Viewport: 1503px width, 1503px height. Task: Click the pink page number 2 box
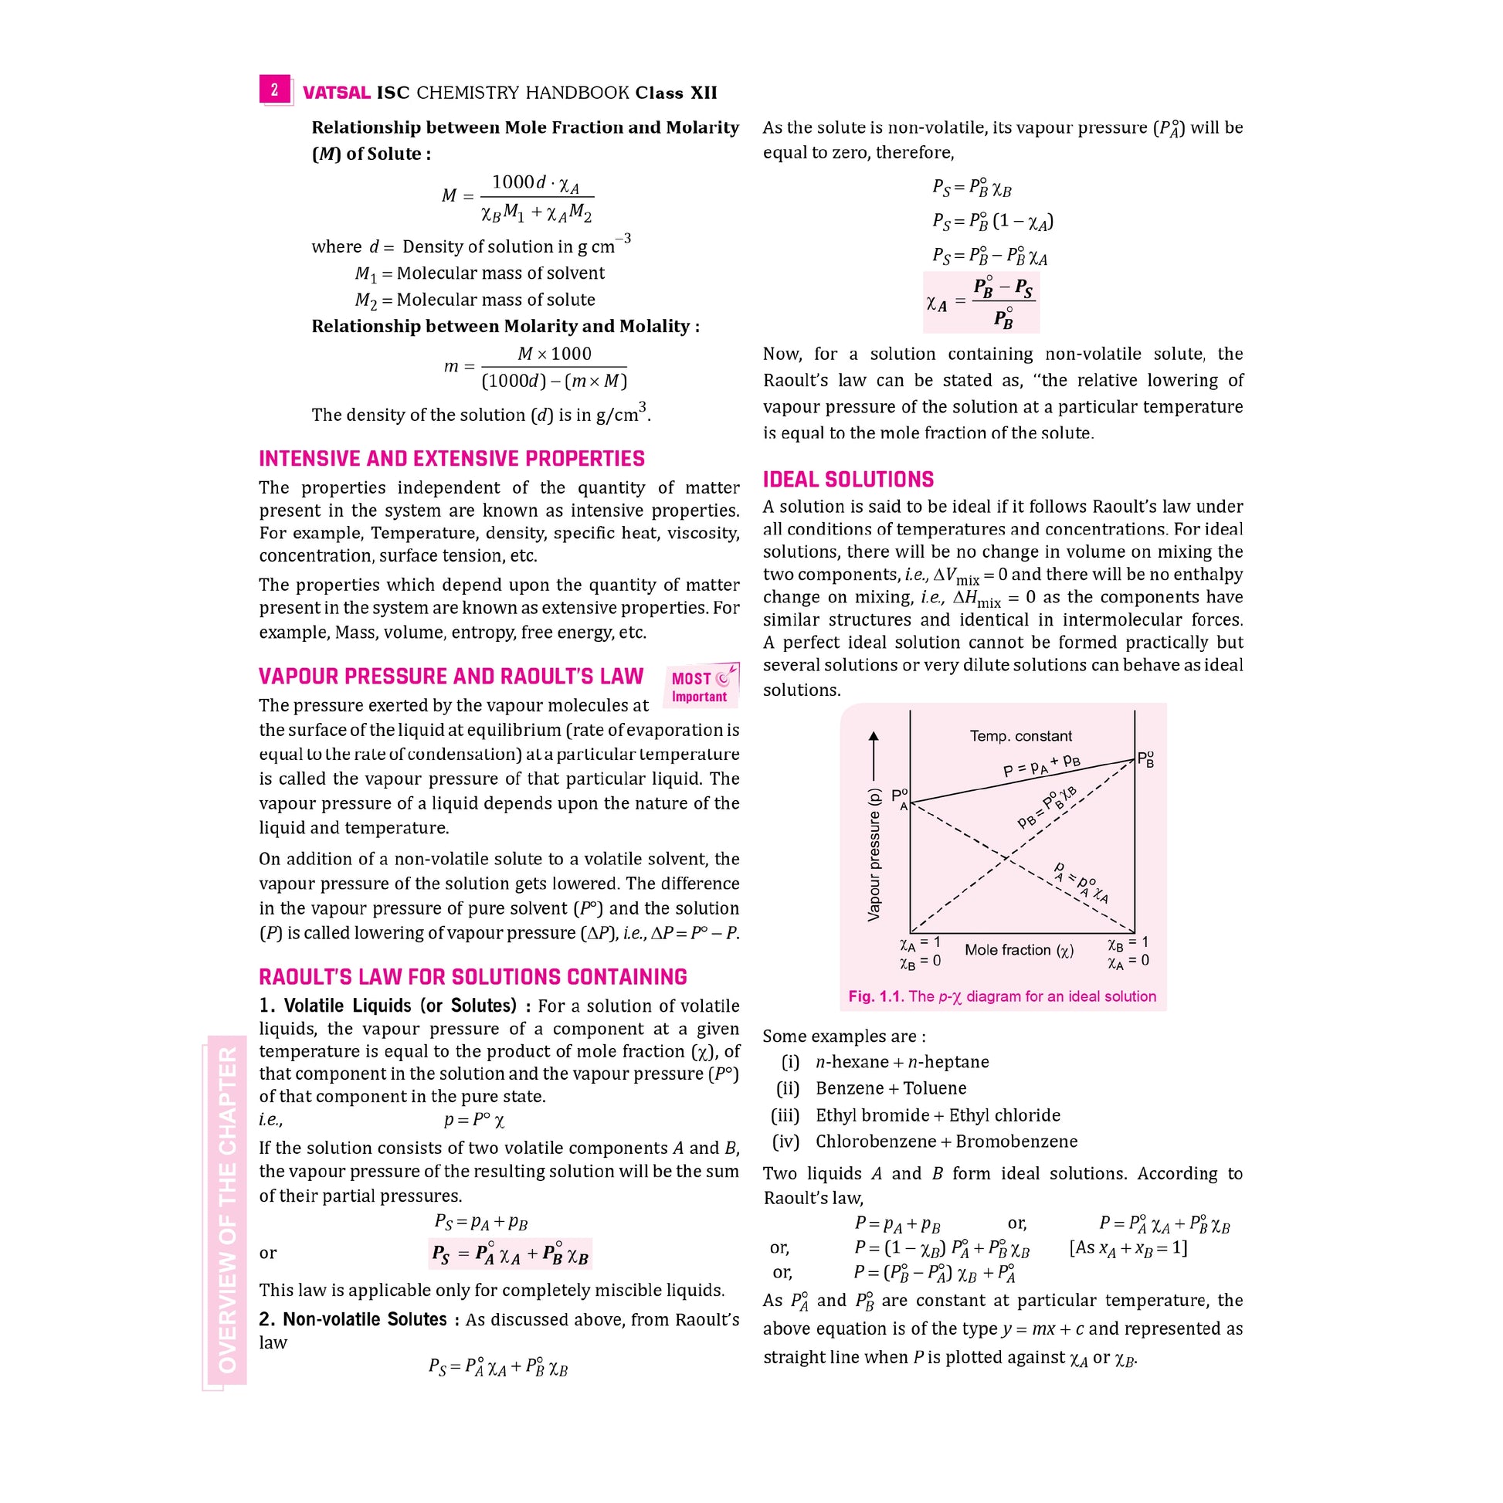tap(275, 90)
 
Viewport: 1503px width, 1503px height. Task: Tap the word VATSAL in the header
tap(336, 93)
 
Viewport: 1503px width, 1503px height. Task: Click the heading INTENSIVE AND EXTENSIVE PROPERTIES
tap(451, 459)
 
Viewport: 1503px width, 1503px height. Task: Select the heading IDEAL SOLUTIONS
tap(848, 479)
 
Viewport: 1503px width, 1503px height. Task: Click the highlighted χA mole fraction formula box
tap(981, 302)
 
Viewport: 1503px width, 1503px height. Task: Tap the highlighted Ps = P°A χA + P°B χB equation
tap(511, 1254)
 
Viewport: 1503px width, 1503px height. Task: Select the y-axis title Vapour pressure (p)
tap(874, 855)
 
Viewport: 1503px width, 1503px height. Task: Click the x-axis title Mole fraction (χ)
tap(1019, 950)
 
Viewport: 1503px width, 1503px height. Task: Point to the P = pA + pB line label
tap(1042, 765)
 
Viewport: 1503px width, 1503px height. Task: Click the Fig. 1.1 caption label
tap(876, 996)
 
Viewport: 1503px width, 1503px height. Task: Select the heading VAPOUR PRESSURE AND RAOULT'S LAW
tap(451, 677)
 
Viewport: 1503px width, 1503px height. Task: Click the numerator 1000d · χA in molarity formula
tap(535, 184)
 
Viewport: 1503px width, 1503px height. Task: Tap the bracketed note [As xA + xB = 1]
tap(1129, 1248)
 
